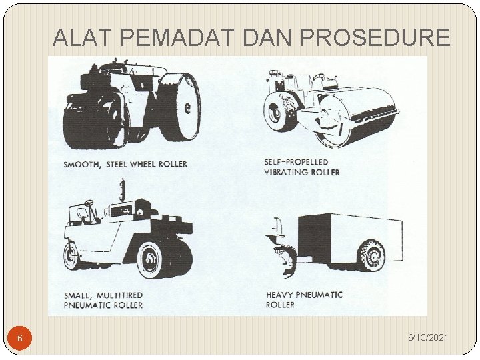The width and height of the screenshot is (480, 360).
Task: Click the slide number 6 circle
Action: [x=20, y=339]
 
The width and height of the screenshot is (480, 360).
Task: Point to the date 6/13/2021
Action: [x=429, y=339]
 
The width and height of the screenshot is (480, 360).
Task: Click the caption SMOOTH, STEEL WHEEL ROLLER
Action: [x=125, y=164]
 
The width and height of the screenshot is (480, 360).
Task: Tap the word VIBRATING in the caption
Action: [x=289, y=172]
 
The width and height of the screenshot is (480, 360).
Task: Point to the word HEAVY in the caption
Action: [x=280, y=295]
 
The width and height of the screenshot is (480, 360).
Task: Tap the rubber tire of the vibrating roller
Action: [x=281, y=114]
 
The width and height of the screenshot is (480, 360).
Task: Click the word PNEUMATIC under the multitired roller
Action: [x=91, y=305]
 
